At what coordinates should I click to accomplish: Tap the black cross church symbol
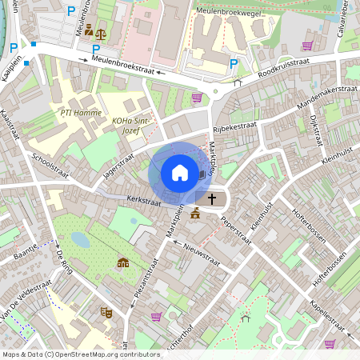pos(212,198)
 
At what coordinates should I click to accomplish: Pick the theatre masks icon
pos(106,312)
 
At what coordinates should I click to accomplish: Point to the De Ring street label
pos(64,261)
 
